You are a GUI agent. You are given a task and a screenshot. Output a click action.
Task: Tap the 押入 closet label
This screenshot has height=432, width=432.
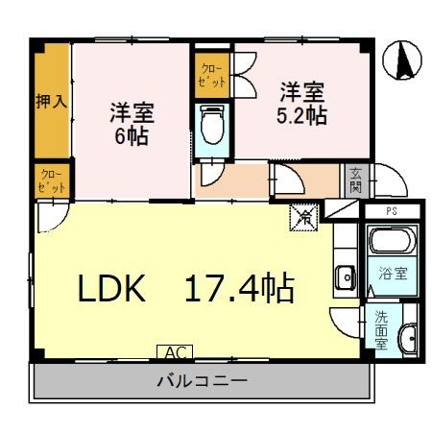[x=51, y=102]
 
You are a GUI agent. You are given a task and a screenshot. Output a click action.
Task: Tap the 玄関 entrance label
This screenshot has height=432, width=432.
[x=355, y=180]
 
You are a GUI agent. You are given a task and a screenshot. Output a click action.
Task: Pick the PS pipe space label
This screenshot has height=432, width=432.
[x=391, y=209]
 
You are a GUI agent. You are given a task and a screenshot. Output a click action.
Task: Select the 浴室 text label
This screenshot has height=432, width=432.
[x=394, y=273]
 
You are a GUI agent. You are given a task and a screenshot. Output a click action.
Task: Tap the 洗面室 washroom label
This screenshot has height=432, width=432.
[x=381, y=328]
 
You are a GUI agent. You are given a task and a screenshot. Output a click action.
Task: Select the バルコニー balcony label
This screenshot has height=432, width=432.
[x=202, y=381]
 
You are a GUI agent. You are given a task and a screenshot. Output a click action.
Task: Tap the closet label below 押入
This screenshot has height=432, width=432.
[x=51, y=180]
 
